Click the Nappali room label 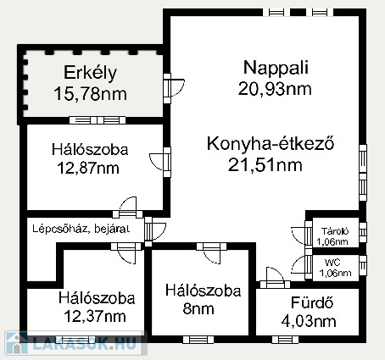[x=276, y=68]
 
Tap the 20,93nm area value [x=275, y=89]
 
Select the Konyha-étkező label [x=271, y=143]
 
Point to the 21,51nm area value [x=265, y=165]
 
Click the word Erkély [x=90, y=73]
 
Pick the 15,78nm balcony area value [x=90, y=94]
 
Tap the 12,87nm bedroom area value [x=88, y=169]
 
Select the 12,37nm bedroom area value [x=95, y=316]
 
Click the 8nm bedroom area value [x=198, y=308]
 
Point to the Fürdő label [x=312, y=302]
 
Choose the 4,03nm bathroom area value [x=309, y=321]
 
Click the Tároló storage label [x=335, y=231]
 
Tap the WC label [x=332, y=263]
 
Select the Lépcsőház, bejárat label [x=81, y=229]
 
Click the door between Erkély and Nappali [x=171, y=88]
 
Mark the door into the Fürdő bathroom [x=275, y=278]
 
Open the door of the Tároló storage [x=303, y=234]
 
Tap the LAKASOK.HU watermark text [x=84, y=343]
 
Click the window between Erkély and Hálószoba [x=98, y=120]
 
